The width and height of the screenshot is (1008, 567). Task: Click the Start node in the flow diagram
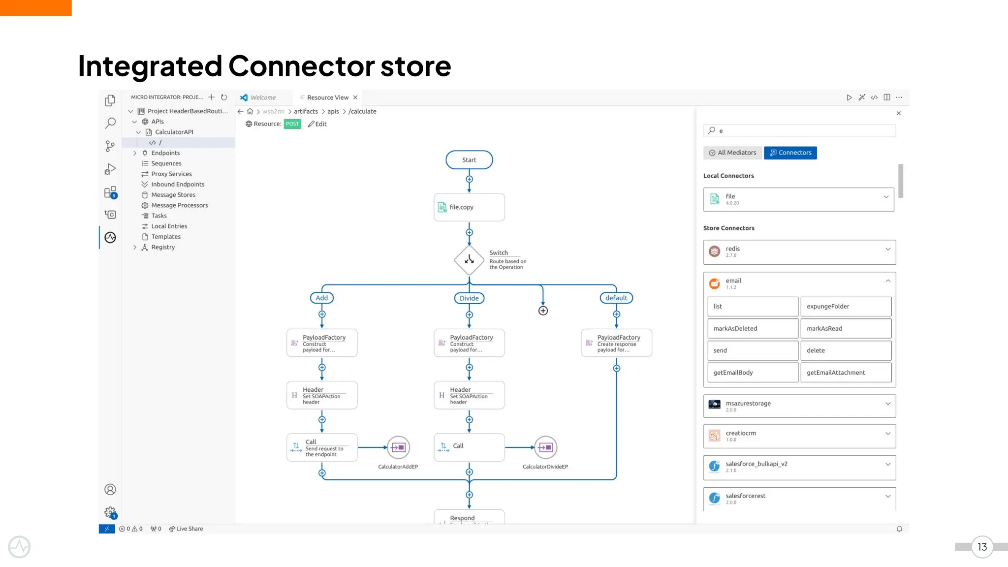point(469,160)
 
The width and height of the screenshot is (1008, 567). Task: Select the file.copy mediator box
point(469,207)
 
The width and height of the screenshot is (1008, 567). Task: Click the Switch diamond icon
point(469,260)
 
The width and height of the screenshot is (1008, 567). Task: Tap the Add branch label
point(322,298)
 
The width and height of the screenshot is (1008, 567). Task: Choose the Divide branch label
point(469,298)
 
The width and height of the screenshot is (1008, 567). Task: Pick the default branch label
point(616,298)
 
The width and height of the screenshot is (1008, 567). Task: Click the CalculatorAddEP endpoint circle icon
point(398,447)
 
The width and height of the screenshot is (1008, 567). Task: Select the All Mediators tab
point(732,153)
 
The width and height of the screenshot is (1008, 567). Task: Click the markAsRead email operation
point(846,328)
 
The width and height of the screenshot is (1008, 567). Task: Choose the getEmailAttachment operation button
point(846,373)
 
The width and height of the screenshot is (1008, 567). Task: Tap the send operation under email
point(753,350)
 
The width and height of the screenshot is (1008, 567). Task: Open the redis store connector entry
point(799,252)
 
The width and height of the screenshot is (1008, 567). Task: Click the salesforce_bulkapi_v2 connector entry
point(799,467)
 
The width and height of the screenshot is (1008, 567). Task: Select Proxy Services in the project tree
point(171,174)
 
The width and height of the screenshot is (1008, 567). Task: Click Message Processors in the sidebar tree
point(179,205)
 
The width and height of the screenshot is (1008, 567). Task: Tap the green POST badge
point(292,124)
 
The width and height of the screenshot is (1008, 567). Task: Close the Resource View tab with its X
point(355,97)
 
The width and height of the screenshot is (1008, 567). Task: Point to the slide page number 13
point(982,547)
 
